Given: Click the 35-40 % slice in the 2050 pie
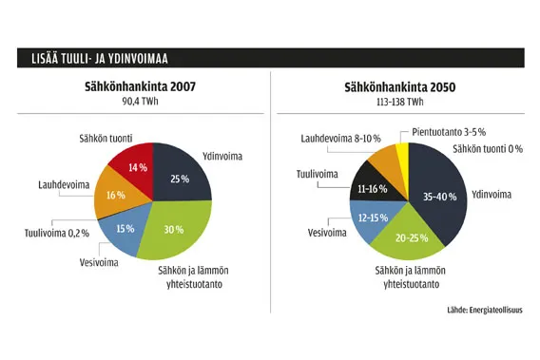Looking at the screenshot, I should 437,199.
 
